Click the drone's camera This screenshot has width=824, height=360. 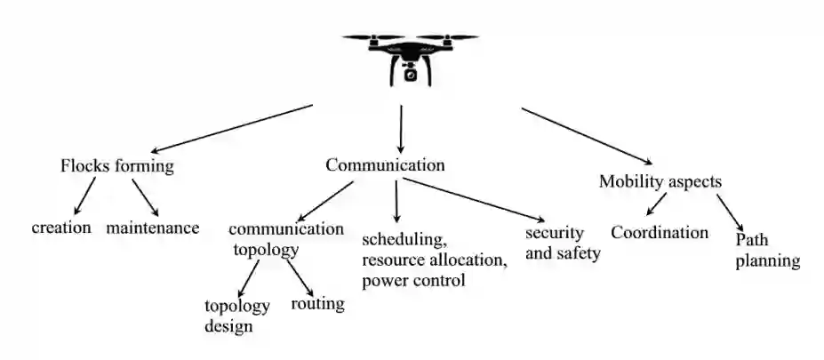click(411, 74)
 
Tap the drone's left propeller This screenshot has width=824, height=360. click(366, 37)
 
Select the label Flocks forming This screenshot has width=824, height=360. click(117, 166)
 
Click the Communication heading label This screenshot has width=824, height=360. click(385, 165)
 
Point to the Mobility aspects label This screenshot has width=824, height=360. click(660, 181)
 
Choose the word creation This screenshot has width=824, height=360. click(61, 228)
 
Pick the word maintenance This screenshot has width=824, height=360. click(153, 228)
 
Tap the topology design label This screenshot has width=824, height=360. click(236, 316)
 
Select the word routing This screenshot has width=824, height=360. click(317, 304)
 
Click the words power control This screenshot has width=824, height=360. click(413, 282)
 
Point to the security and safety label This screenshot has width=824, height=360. click(563, 243)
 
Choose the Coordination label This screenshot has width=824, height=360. click(659, 233)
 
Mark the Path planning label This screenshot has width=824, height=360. click(768, 251)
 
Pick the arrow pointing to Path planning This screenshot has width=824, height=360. click(730, 210)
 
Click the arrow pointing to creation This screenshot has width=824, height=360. click(84, 198)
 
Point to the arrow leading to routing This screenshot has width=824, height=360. click(300, 276)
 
